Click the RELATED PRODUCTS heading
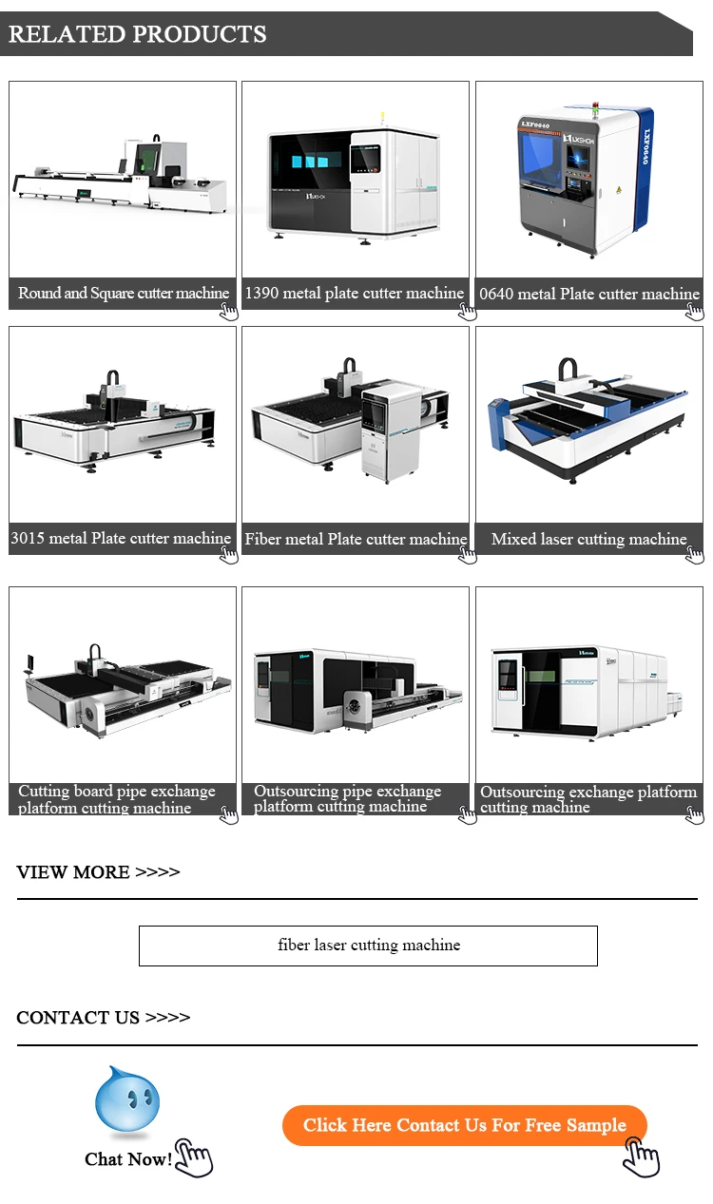click(138, 35)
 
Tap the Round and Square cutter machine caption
click(124, 294)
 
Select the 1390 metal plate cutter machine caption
click(355, 294)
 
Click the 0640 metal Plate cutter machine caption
click(588, 294)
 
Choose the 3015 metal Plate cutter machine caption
click(121, 539)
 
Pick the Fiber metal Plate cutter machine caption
click(356, 539)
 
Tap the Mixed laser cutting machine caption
click(588, 539)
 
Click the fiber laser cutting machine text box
click(368, 946)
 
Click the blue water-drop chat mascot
click(127, 1102)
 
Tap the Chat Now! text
click(128, 1159)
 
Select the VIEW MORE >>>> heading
click(98, 872)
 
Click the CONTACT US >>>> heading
click(103, 1018)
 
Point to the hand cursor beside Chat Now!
click(194, 1159)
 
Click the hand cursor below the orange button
click(642, 1157)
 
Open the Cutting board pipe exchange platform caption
click(117, 799)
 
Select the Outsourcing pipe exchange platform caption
click(348, 799)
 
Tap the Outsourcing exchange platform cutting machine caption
click(588, 799)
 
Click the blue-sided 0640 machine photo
click(582, 181)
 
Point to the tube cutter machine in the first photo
click(122, 176)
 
